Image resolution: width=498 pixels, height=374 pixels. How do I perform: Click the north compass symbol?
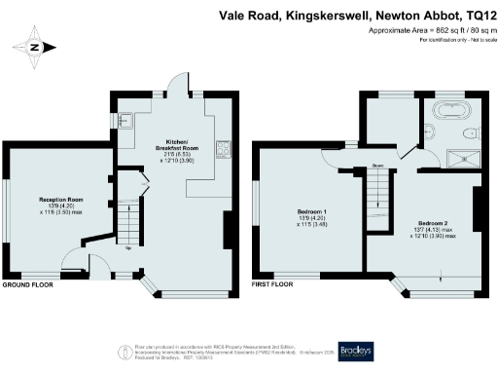[36, 46]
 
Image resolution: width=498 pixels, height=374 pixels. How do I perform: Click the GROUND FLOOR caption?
[26, 287]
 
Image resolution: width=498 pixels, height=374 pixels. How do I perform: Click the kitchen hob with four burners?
[223, 148]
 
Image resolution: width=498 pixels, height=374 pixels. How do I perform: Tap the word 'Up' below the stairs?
[128, 248]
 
